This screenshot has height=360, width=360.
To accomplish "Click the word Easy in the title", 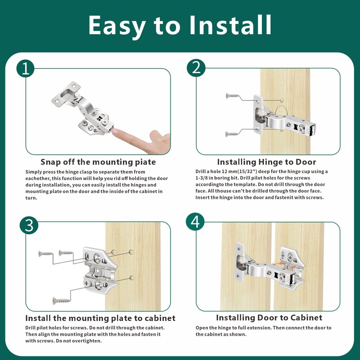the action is pyautogui.click(x=117, y=25).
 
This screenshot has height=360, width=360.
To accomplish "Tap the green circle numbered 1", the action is pyautogui.click(x=26, y=68).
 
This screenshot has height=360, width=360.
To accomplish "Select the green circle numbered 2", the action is pyautogui.click(x=196, y=68).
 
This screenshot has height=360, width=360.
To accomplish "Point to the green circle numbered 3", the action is pyautogui.click(x=29, y=225).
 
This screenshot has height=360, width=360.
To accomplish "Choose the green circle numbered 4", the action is pyautogui.click(x=195, y=222).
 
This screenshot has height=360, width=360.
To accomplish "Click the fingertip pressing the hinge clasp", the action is pyautogui.click(x=115, y=132).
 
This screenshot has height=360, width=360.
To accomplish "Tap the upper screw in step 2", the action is pyautogui.click(x=232, y=95).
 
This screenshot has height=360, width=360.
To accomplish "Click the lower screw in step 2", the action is pyautogui.click(x=232, y=134).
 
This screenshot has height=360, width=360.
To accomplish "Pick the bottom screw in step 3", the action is pyautogui.click(x=61, y=300).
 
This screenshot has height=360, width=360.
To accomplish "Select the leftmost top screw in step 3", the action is pyautogui.click(x=45, y=253).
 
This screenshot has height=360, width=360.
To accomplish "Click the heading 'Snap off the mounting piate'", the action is pyautogui.click(x=98, y=162).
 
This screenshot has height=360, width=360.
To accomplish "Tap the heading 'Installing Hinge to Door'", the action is pyautogui.click(x=266, y=162).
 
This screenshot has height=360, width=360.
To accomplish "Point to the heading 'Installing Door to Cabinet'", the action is pyautogui.click(x=269, y=318).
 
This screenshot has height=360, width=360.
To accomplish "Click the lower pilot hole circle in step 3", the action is pyautogui.click(x=132, y=278).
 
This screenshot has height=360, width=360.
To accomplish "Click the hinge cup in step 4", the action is pyautogui.click(x=241, y=262).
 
